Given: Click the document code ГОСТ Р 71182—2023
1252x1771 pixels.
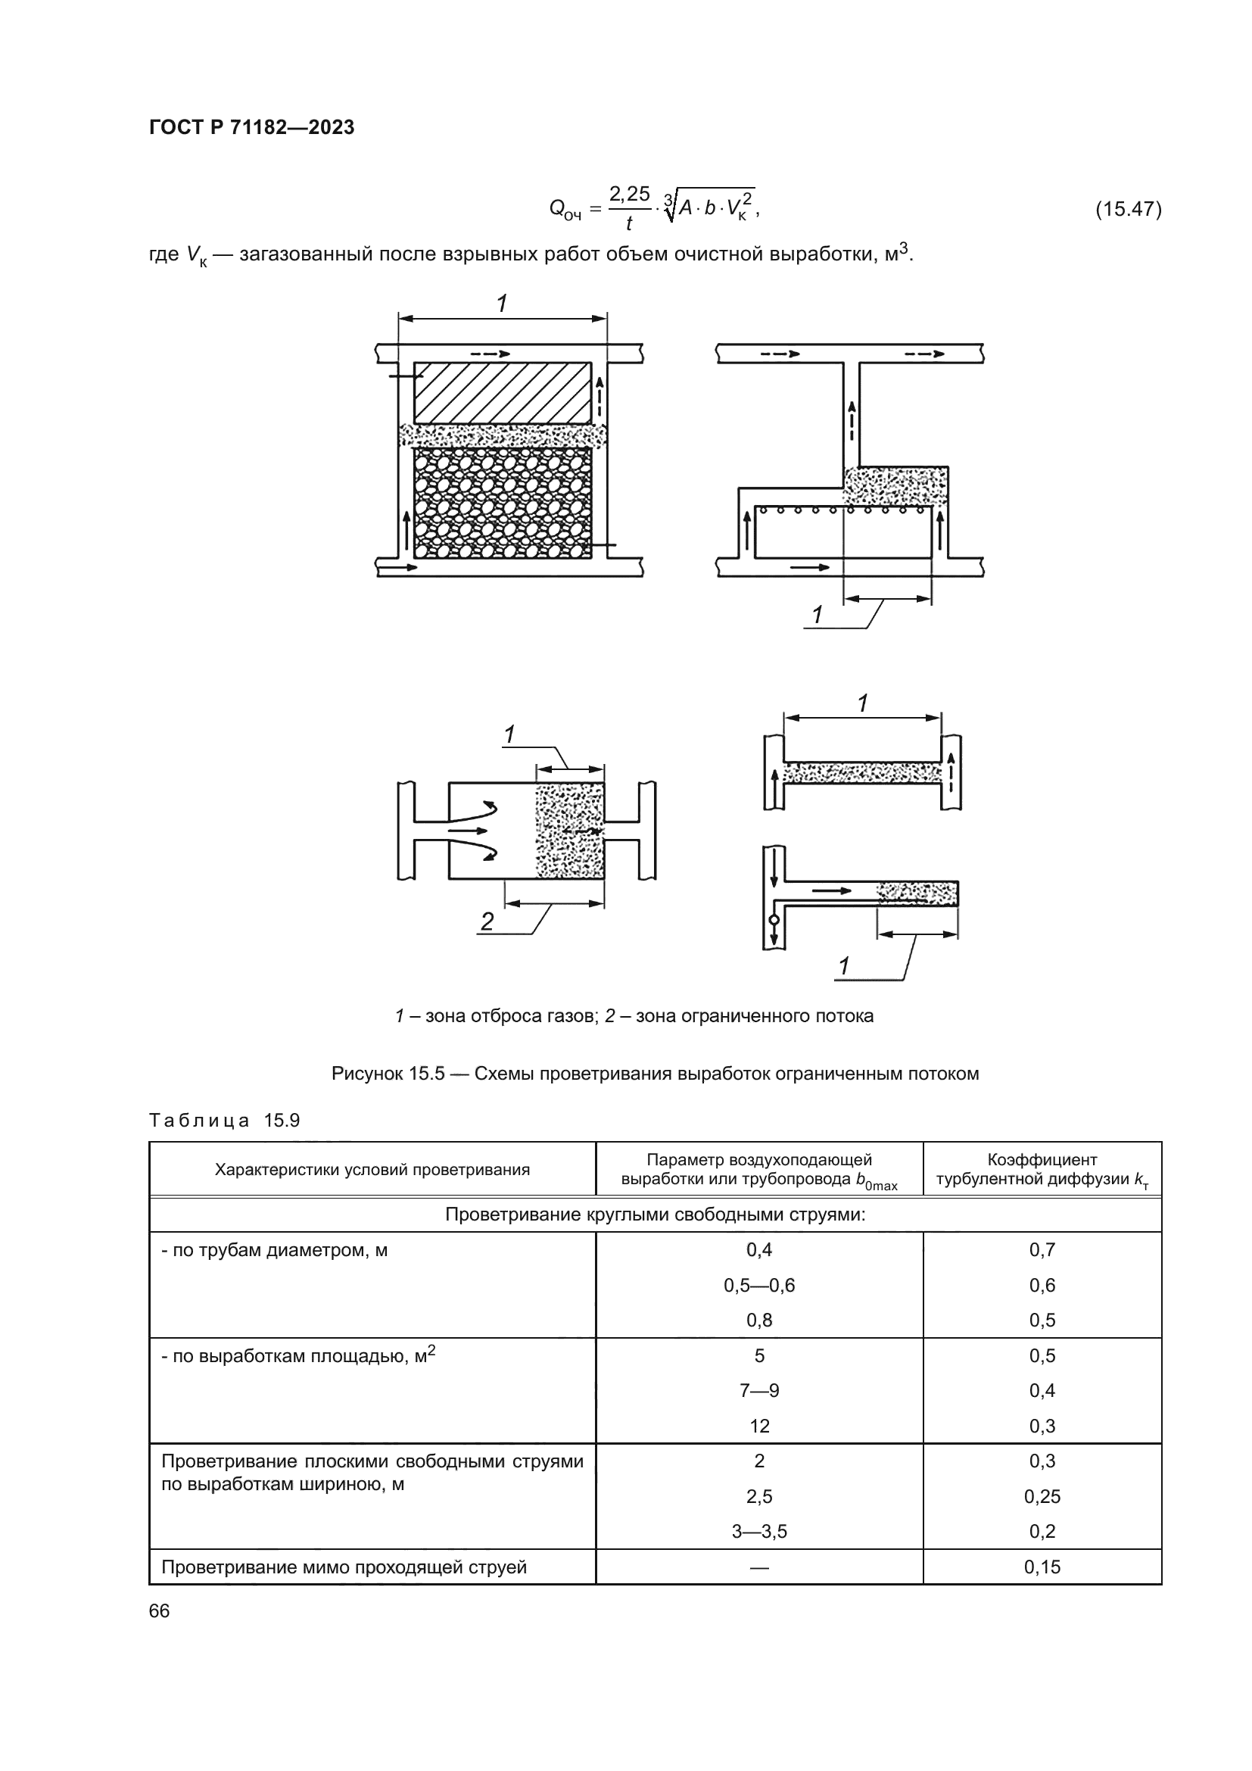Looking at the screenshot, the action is (x=251, y=127).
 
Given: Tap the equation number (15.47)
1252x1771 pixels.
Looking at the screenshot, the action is (x=1128, y=209).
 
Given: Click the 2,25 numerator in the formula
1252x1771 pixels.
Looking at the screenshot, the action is (x=629, y=194).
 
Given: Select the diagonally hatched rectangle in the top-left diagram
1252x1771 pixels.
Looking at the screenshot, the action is (x=503, y=393).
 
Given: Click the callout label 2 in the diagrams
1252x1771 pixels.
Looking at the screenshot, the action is (x=487, y=921).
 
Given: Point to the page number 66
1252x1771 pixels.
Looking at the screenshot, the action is (x=159, y=1610).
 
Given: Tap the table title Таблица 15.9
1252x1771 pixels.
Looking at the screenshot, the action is (x=224, y=1120).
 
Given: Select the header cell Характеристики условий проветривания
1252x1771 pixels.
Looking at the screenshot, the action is (x=372, y=1169).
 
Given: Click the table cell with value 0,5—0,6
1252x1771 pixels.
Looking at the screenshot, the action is (x=759, y=1285).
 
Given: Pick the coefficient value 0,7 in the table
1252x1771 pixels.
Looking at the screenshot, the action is (x=1042, y=1249).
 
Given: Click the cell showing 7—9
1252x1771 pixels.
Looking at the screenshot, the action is (x=759, y=1390).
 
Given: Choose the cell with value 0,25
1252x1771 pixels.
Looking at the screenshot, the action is (x=1042, y=1496).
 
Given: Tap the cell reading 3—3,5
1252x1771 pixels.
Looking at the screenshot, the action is (x=759, y=1531).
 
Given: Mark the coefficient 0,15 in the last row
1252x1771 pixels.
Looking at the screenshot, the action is (x=1042, y=1567).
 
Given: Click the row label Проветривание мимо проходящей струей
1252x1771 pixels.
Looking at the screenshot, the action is (x=344, y=1567).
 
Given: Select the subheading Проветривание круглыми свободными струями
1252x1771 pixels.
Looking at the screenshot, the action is (x=656, y=1214).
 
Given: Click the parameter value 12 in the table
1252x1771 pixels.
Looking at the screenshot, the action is (x=759, y=1426).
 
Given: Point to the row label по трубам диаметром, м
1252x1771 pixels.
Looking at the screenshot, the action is (x=275, y=1249).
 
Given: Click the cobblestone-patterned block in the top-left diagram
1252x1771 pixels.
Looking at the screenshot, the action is (x=503, y=503).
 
